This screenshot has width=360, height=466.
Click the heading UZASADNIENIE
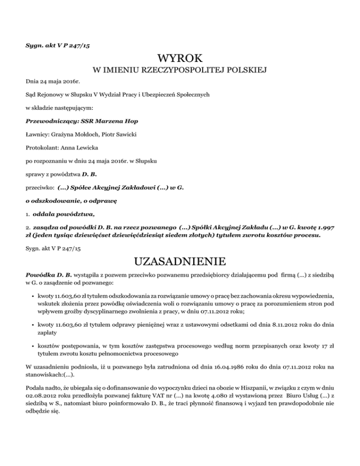tap(180, 259)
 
